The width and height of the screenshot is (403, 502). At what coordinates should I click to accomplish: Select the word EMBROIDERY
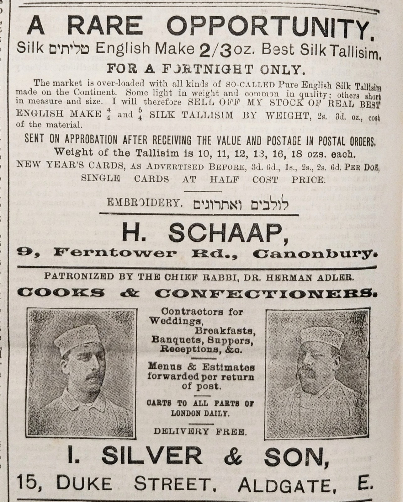[145, 202]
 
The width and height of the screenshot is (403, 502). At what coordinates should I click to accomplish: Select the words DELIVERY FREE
[200, 431]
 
